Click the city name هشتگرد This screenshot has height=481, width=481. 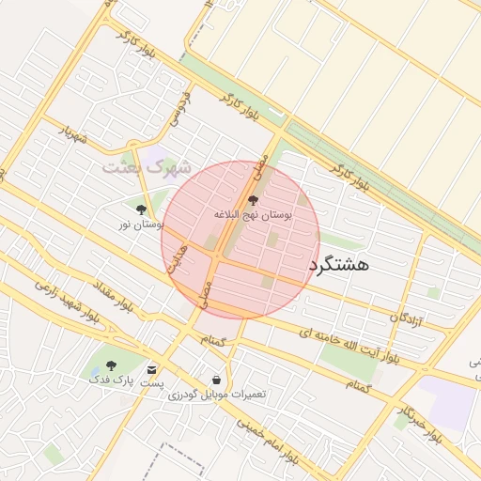pyautogui.click(x=338, y=264)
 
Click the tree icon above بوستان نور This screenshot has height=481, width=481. pyautogui.click(x=141, y=209)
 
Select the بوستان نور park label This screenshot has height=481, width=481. pyautogui.click(x=141, y=225)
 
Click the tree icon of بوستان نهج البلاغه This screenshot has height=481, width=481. pyautogui.click(x=252, y=199)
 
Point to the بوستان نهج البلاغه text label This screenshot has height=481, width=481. pyautogui.click(x=253, y=215)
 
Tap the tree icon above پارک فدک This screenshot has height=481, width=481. pyautogui.click(x=112, y=365)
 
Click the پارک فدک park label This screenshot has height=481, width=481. pyautogui.click(x=112, y=380)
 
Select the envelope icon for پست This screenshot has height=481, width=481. pyautogui.click(x=152, y=369)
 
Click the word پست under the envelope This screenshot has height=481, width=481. pyautogui.click(x=152, y=383)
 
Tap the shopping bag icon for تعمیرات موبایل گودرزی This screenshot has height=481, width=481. pyautogui.click(x=217, y=380)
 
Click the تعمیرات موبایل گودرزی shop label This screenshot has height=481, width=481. pyautogui.click(x=217, y=395)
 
